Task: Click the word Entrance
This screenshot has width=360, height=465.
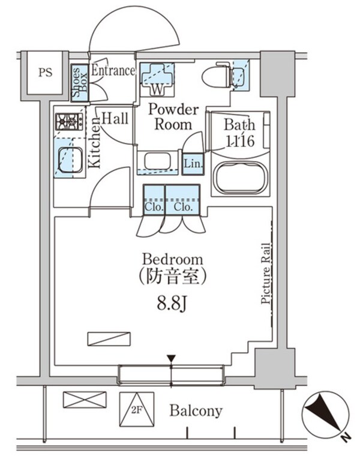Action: (x=113, y=71)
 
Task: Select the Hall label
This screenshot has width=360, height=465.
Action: (x=114, y=119)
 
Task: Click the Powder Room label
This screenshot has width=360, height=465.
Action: (x=173, y=117)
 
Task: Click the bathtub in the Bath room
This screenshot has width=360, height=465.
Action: (x=239, y=177)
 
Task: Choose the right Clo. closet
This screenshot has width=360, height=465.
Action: (x=182, y=200)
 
